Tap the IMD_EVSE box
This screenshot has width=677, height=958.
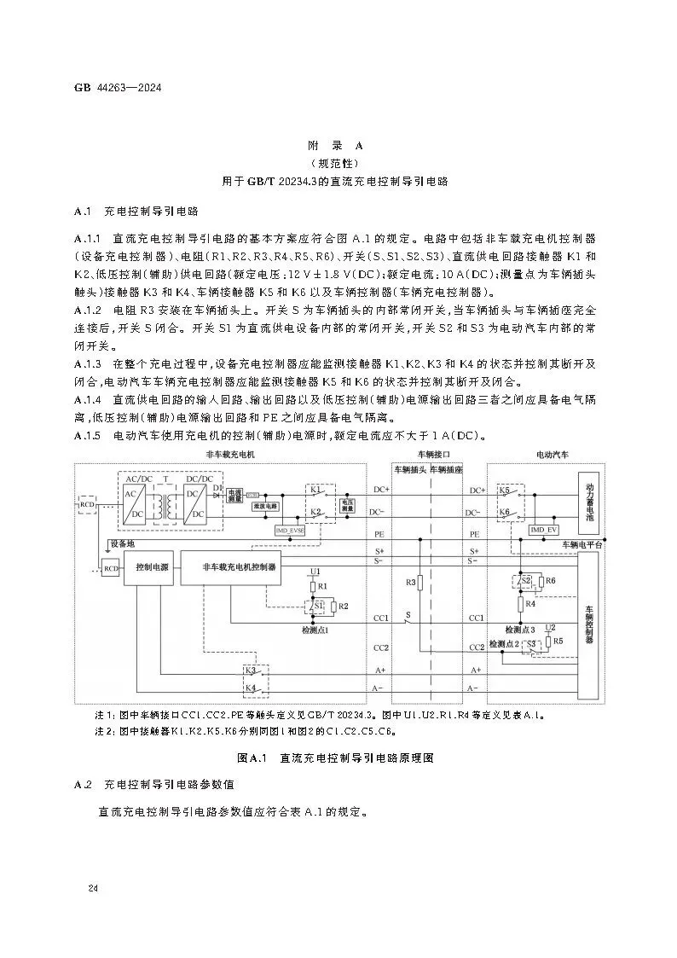[290, 530]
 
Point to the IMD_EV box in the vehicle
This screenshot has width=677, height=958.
[543, 530]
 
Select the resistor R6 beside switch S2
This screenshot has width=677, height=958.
[550, 581]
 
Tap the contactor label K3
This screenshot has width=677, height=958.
[251, 671]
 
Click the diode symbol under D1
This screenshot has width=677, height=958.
[218, 494]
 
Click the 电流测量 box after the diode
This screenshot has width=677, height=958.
[235, 494]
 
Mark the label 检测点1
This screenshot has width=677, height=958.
[315, 629]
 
